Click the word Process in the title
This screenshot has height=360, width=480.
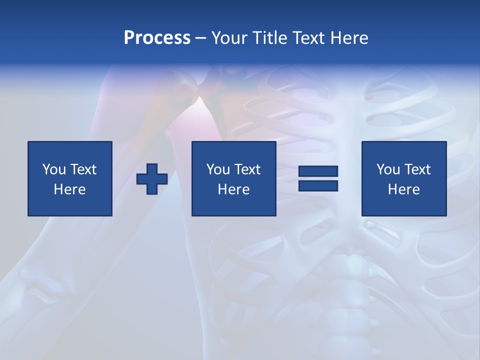point(157,38)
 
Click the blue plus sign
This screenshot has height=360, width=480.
point(152,179)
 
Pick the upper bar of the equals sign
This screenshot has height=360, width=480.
point(318,171)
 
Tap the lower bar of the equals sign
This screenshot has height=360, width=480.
point(318,185)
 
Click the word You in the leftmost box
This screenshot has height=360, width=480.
point(54,169)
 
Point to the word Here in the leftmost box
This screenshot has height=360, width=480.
point(69,189)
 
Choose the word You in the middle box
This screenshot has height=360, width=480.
point(218,169)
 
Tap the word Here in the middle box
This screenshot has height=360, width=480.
point(233,189)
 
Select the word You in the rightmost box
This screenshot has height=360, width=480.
point(388,169)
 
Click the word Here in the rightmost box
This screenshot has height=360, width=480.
point(403,189)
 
